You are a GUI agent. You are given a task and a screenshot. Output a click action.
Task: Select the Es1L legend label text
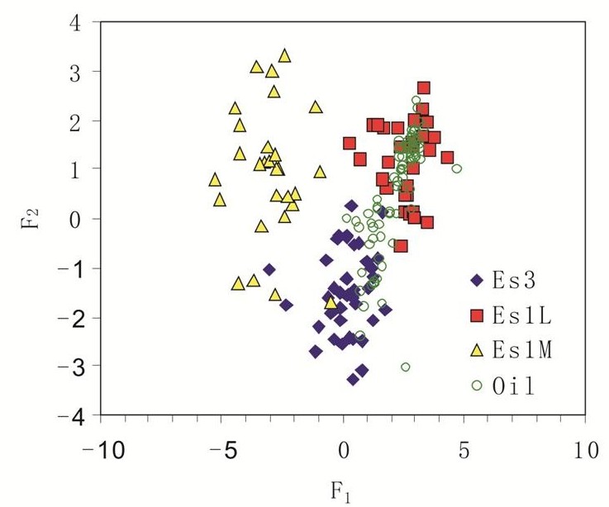click(x=519, y=315)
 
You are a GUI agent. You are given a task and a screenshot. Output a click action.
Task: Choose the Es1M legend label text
click(x=519, y=350)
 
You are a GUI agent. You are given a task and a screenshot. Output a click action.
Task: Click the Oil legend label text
click(x=512, y=385)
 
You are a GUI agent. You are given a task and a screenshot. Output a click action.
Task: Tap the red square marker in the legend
click(x=477, y=315)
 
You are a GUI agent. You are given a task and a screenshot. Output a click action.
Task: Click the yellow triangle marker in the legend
click(x=477, y=349)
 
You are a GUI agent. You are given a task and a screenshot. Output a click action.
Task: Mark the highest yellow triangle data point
click(x=285, y=55)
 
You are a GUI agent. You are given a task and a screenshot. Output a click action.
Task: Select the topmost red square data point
click(x=424, y=88)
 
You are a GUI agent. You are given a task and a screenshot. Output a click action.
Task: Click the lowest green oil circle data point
click(x=406, y=367)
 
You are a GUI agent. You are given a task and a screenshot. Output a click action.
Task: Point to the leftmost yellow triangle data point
click(x=215, y=179)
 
